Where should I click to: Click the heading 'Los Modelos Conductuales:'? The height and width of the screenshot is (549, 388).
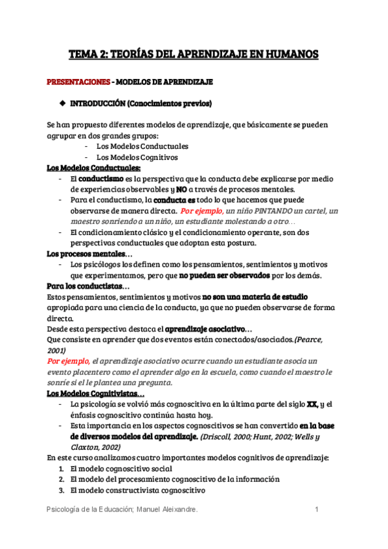[93, 168]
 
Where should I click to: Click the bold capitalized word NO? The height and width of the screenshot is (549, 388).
[182, 189]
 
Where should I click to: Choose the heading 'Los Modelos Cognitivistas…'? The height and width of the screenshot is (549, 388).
[96, 393]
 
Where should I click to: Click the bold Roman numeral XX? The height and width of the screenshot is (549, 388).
[312, 404]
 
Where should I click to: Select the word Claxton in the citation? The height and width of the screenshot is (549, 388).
[86, 447]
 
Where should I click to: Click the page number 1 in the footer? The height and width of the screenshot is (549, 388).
[317, 511]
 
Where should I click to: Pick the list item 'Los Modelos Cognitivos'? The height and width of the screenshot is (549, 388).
[137, 157]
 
